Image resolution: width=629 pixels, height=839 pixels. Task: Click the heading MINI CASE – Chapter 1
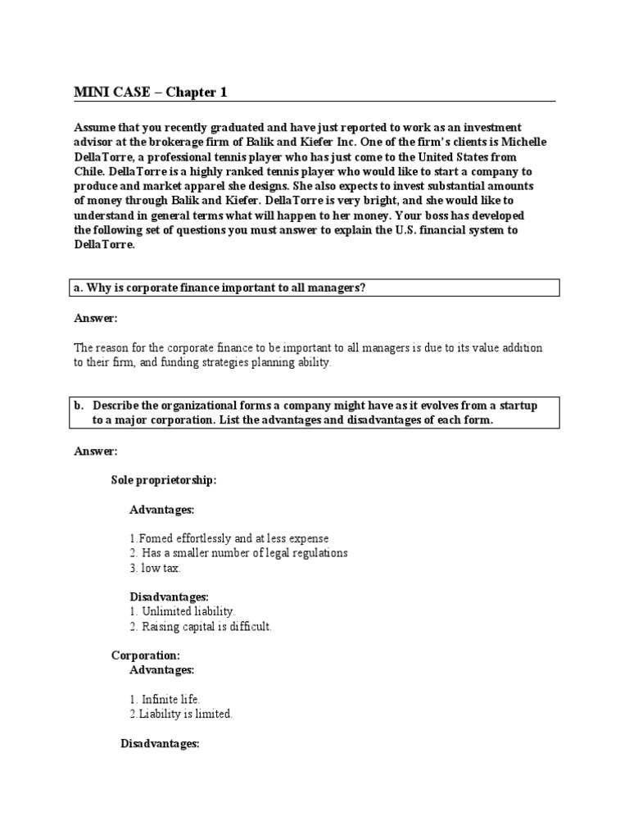(x=151, y=92)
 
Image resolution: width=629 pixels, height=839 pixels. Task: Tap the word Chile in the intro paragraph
(x=90, y=171)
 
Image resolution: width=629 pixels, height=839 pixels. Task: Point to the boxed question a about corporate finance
(x=315, y=287)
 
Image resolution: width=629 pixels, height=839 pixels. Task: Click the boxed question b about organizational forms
(x=315, y=413)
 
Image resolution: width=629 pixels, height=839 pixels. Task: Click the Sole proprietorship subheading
(x=164, y=480)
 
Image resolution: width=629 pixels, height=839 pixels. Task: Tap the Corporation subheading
(x=145, y=655)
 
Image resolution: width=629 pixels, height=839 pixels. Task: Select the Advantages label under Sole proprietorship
(x=161, y=510)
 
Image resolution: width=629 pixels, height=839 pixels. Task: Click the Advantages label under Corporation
(x=161, y=669)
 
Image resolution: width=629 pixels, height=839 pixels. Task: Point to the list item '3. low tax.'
(x=155, y=568)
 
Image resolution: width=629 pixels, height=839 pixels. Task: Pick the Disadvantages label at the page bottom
(x=160, y=743)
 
